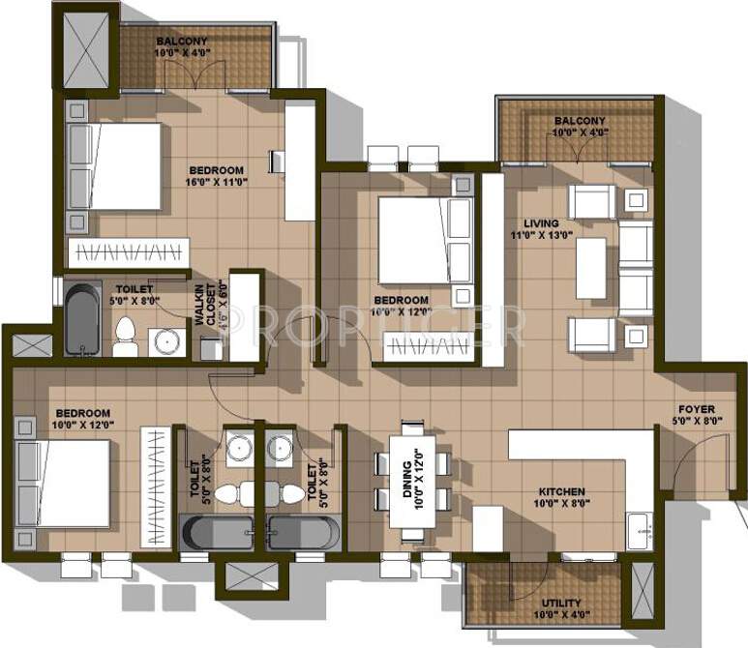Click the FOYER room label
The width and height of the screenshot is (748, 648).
(x=697, y=408)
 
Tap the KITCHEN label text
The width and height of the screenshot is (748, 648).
(x=561, y=490)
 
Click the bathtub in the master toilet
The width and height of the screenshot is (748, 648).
(x=83, y=317)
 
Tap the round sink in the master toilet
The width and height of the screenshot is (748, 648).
(x=165, y=341)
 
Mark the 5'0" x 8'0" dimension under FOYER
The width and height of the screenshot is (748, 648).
(x=697, y=421)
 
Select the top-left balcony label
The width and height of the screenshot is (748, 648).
(x=182, y=41)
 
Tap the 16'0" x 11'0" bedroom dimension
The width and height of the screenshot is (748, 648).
(x=216, y=180)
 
